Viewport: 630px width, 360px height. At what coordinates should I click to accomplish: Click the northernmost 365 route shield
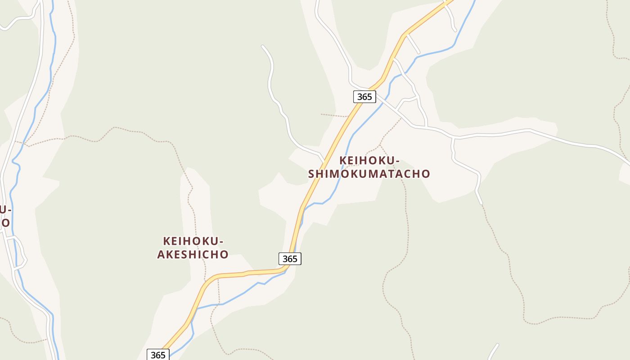tap(364, 96)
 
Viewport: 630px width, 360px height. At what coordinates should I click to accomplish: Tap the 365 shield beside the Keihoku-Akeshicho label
tap(290, 259)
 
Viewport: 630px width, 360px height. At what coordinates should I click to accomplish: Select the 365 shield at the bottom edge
tap(158, 355)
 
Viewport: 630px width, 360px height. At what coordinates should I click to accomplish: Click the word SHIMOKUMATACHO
tap(369, 174)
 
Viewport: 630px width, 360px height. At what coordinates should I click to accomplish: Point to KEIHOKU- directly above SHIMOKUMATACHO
tap(369, 161)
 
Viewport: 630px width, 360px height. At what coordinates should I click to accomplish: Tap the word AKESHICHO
tap(193, 254)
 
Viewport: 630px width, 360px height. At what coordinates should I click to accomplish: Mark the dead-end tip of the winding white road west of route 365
tap(263, 46)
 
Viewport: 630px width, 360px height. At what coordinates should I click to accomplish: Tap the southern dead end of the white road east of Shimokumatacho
tap(481, 203)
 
